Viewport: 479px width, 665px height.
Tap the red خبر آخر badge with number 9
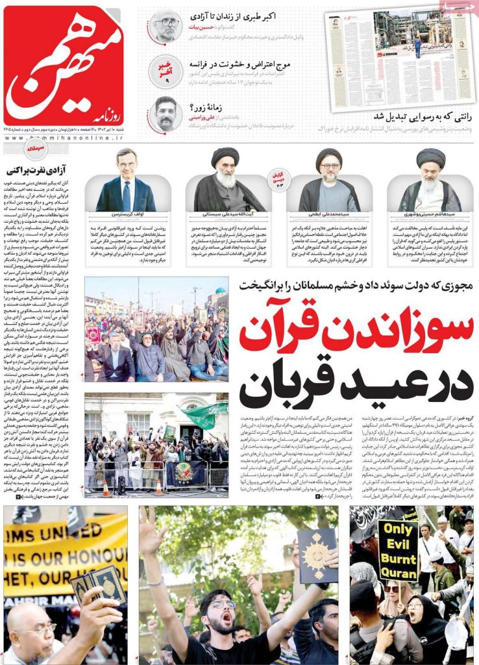(167, 71)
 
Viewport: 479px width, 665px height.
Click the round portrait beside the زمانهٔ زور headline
(166, 113)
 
